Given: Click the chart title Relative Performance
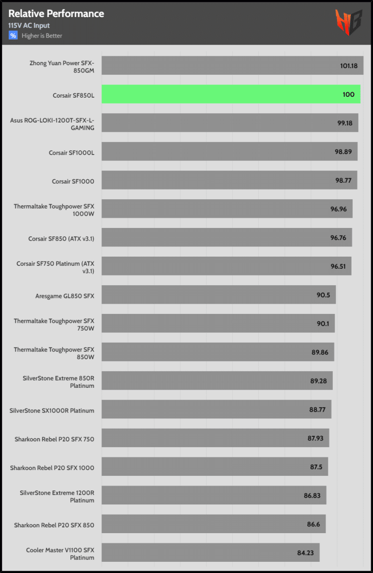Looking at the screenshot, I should point(56,14).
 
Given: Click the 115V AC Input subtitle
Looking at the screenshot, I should point(29,26).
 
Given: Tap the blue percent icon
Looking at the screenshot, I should point(13,35).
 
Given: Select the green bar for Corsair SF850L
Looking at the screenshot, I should point(231,94).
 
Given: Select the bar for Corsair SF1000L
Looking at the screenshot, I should point(229,152).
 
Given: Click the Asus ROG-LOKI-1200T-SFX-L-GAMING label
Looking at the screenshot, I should point(52,123).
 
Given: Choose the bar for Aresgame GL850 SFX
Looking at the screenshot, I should point(219,295).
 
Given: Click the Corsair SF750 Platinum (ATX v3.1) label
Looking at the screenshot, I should point(55,267).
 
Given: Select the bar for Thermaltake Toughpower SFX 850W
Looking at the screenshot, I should point(218,352).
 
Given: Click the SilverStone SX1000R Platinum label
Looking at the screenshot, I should point(52,410).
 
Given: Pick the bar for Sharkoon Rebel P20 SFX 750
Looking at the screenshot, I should point(215,438).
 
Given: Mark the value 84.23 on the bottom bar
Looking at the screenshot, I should point(305,553).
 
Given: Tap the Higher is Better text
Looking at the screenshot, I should point(42,36).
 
